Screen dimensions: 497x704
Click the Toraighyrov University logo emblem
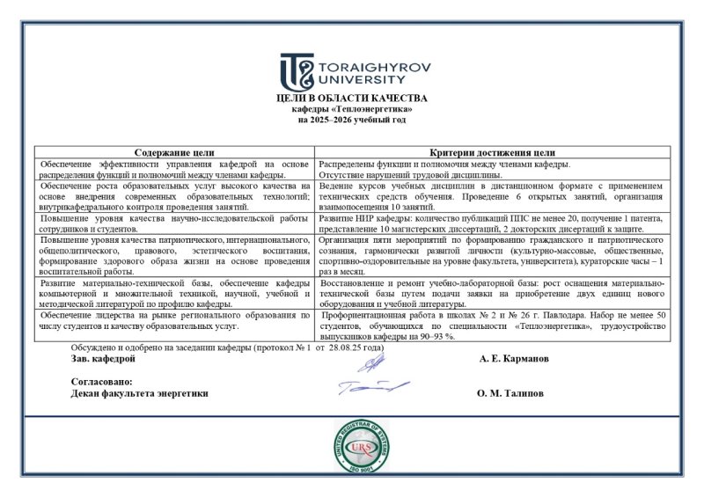point(297,71)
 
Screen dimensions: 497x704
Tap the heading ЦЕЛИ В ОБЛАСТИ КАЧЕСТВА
point(351,98)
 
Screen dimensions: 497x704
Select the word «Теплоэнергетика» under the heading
point(377,108)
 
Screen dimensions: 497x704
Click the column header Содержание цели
point(174,151)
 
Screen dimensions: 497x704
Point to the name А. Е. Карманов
point(514,359)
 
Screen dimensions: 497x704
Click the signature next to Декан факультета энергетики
point(371,387)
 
